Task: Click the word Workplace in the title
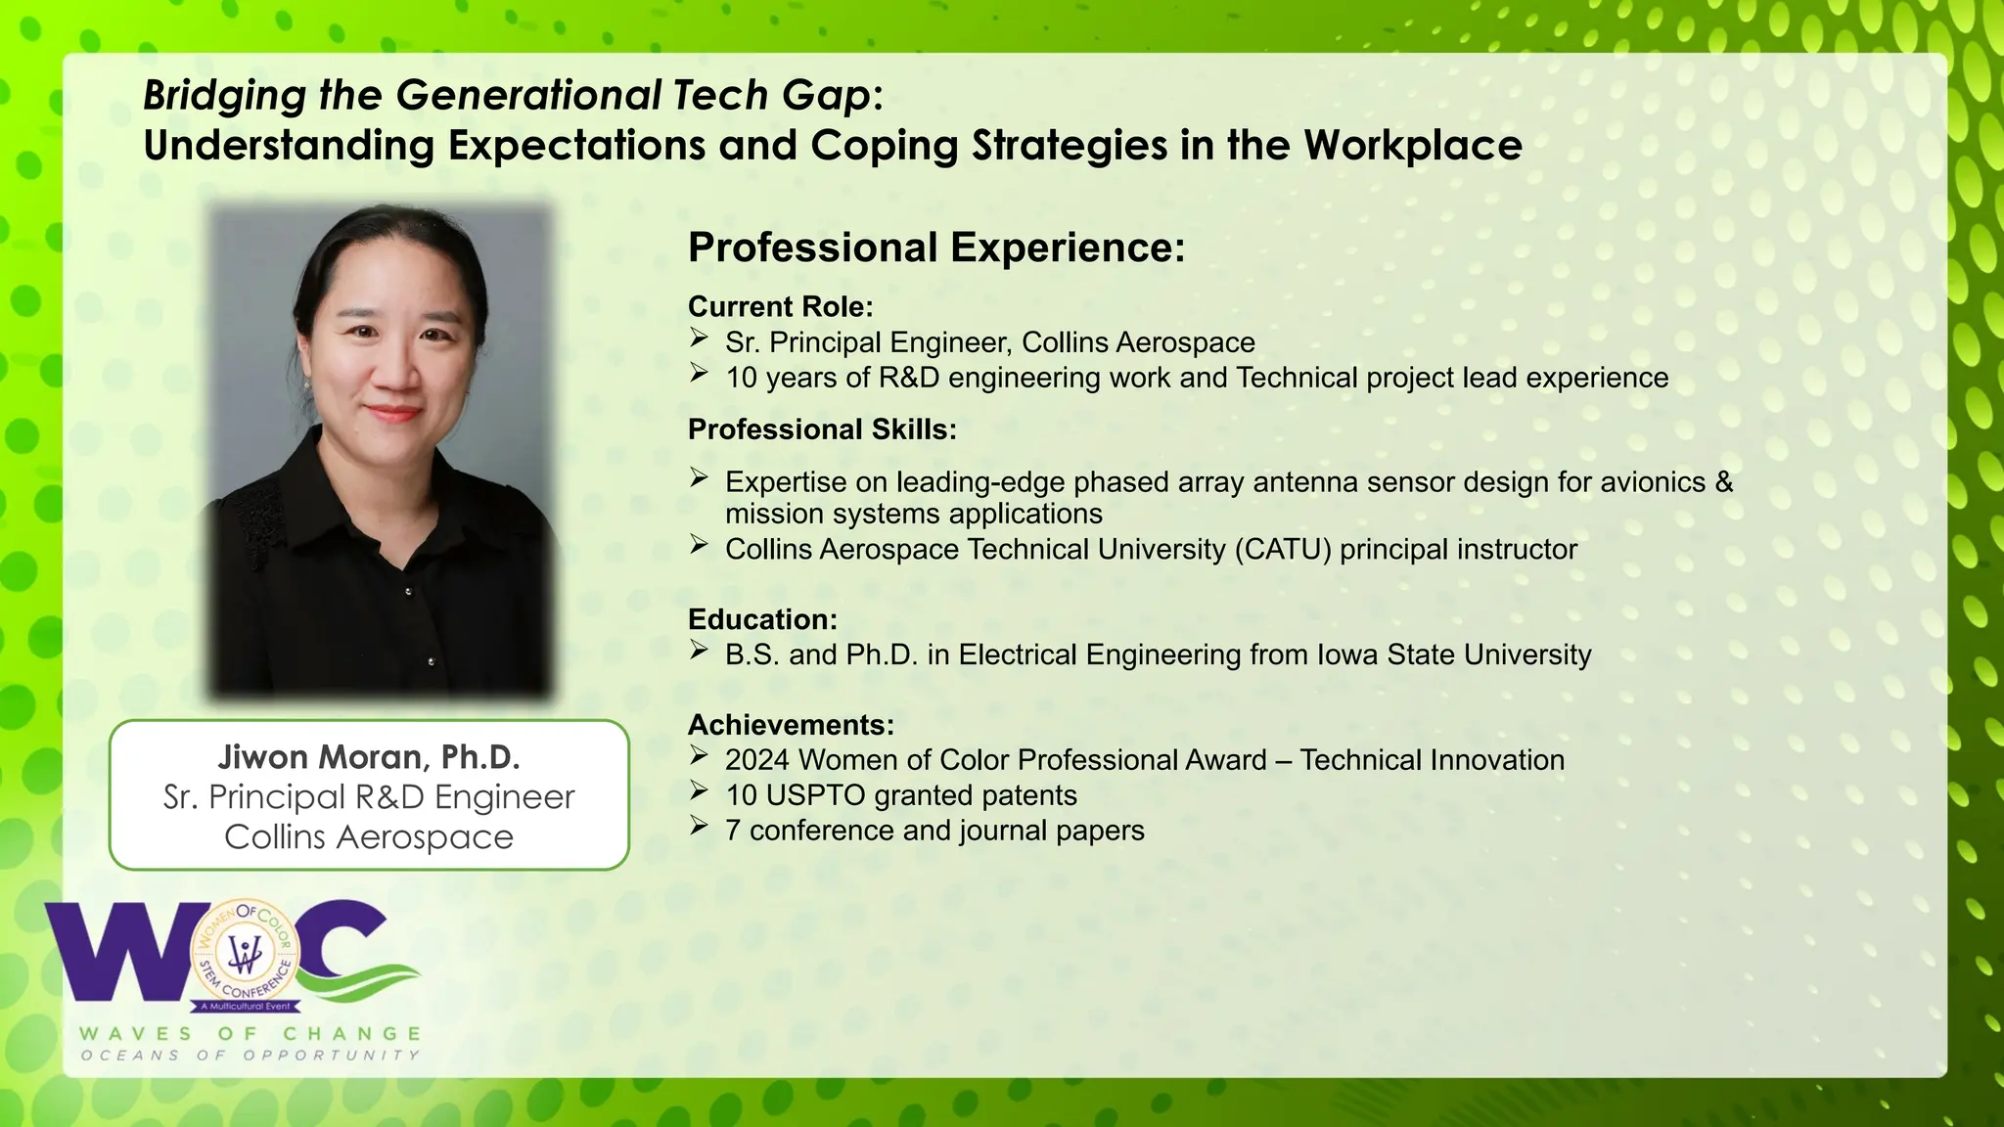coord(1412,146)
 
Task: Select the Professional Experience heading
coord(936,248)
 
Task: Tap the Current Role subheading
coord(780,307)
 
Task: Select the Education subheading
coord(762,620)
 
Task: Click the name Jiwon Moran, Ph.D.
coord(369,757)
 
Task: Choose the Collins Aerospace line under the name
coord(369,837)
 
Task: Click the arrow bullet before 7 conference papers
coord(699,828)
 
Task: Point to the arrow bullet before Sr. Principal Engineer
coord(699,338)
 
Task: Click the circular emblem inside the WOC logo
coord(245,952)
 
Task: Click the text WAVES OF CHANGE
coord(250,1034)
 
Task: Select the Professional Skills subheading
coord(822,429)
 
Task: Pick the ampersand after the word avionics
coord(1723,482)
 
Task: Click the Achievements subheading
coord(791,725)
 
